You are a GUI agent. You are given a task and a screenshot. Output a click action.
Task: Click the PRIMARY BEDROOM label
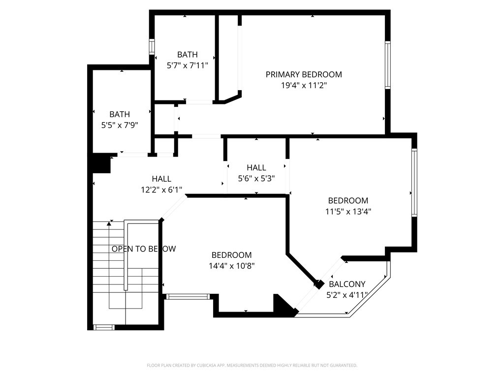pyautogui.click(x=304, y=75)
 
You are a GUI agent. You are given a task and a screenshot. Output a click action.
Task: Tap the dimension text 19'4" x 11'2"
pyautogui.click(x=304, y=86)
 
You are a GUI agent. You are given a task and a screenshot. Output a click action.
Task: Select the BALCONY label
pyautogui.click(x=347, y=284)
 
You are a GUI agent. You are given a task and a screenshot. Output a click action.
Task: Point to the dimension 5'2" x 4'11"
pyautogui.click(x=347, y=295)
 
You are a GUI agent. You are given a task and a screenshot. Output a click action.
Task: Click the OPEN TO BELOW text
pyautogui.click(x=144, y=249)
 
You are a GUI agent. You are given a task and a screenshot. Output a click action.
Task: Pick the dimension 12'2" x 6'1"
pyautogui.click(x=161, y=190)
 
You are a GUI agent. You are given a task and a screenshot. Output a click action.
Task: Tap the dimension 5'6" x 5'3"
pyautogui.click(x=256, y=178)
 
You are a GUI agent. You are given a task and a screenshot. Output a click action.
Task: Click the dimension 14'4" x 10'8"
pyautogui.click(x=232, y=266)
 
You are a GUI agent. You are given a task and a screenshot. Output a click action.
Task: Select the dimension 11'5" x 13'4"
pyautogui.click(x=348, y=212)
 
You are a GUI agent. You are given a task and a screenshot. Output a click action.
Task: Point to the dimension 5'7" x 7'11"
pyautogui.click(x=188, y=65)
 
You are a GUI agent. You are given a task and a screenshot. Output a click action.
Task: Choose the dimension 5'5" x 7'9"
pyautogui.click(x=120, y=125)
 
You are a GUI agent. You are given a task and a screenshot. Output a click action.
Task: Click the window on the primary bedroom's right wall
pyautogui.click(x=388, y=65)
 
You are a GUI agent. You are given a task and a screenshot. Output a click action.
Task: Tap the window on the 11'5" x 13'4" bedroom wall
pyautogui.click(x=414, y=182)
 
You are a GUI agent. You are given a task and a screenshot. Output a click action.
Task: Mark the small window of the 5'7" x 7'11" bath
pyautogui.click(x=152, y=47)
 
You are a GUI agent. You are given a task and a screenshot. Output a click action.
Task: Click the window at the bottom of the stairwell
pyautogui.click(x=104, y=327)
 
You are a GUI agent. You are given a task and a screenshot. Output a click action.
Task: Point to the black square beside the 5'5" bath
pyautogui.click(x=101, y=163)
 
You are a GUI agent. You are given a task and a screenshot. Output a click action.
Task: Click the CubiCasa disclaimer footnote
pyautogui.click(x=252, y=366)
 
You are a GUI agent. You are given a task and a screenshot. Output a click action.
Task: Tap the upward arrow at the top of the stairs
pyautogui.click(x=109, y=224)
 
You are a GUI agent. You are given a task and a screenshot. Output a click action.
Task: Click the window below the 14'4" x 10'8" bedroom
pyautogui.click(x=188, y=297)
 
